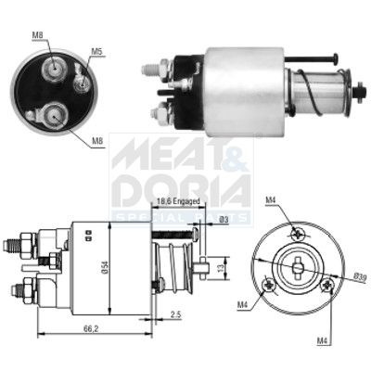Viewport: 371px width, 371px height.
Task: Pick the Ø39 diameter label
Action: [360, 278]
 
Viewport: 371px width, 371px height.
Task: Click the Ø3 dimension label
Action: [224, 219]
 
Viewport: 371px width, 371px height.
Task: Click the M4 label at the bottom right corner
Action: [324, 340]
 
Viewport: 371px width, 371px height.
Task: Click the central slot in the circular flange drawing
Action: [299, 269]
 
